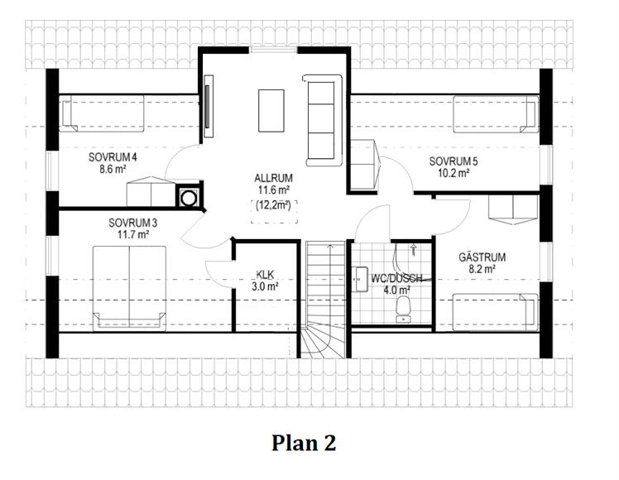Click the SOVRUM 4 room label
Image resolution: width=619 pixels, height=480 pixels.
click(x=113, y=157)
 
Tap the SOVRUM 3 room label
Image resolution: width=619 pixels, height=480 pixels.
click(x=133, y=223)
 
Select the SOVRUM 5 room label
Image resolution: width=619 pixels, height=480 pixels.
click(x=453, y=161)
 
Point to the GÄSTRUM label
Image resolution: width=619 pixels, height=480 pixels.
click(x=482, y=257)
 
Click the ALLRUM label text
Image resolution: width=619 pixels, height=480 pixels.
click(x=274, y=178)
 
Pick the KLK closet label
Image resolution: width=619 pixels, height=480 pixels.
click(x=265, y=274)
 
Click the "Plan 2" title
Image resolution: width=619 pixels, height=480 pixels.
click(x=304, y=443)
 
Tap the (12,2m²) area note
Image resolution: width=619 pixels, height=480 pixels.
click(x=274, y=205)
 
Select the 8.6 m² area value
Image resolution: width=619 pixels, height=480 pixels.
click(x=113, y=170)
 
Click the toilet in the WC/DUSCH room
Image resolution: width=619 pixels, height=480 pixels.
click(x=403, y=310)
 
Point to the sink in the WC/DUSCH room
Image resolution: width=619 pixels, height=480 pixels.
click(x=362, y=280)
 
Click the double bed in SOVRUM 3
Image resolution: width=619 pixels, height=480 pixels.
click(x=129, y=288)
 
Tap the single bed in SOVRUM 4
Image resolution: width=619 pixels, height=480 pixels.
click(x=102, y=114)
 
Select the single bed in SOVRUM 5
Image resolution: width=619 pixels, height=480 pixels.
click(x=496, y=114)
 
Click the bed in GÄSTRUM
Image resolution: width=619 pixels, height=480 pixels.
click(x=496, y=312)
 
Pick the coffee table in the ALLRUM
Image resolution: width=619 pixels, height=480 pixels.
click(x=271, y=111)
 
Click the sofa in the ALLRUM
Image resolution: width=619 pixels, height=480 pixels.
click(x=322, y=120)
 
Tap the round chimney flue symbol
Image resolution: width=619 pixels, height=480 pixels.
click(x=189, y=197)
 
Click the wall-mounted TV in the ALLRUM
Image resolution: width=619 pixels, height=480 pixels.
click(x=208, y=106)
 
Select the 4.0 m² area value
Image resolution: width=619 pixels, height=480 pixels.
click(x=396, y=290)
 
